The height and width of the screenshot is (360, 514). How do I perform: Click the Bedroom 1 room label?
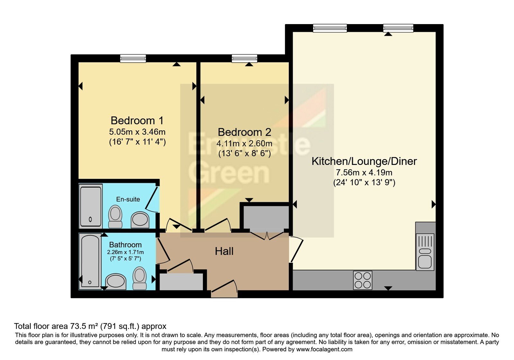[137, 121]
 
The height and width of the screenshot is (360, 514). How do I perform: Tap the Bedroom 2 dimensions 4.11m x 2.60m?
[244, 143]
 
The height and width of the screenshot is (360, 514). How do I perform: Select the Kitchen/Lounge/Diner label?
[364, 161]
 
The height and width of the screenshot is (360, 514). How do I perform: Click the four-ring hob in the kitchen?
[363, 280]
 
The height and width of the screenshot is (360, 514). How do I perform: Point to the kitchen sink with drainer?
[425, 251]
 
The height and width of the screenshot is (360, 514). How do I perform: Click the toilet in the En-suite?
[115, 216]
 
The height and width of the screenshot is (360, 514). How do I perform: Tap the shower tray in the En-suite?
[91, 206]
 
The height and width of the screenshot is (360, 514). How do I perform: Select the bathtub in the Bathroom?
[90, 261]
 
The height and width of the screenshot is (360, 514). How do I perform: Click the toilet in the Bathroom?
[140, 278]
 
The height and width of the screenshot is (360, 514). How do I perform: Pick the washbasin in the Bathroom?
[116, 282]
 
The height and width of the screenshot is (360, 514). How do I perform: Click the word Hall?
[224, 251]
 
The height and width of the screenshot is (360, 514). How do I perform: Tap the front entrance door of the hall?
[224, 289]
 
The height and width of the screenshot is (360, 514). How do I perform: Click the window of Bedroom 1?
[133, 59]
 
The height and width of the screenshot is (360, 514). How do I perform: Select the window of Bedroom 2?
[244, 59]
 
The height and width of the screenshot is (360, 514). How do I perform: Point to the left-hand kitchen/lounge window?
[330, 28]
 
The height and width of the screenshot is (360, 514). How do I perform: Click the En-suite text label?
[128, 199]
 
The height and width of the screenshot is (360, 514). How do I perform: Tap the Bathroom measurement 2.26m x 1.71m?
[125, 252]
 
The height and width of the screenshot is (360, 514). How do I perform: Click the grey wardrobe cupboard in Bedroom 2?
[266, 218]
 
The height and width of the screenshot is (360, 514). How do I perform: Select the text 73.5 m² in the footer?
[84, 326]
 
